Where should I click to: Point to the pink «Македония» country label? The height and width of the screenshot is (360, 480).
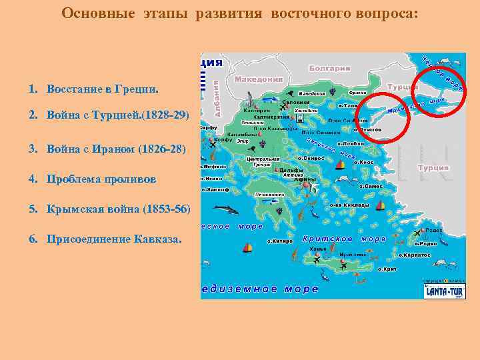259,79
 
